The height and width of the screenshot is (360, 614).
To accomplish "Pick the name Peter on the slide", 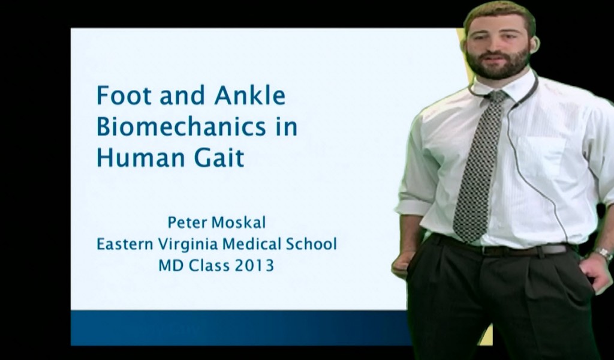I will (186, 223).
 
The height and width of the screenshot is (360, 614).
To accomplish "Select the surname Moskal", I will (239, 223).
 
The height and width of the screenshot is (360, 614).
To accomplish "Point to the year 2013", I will (254, 265).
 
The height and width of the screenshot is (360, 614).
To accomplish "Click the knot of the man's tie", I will (496, 97).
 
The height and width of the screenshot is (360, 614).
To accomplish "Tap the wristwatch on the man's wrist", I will (603, 254).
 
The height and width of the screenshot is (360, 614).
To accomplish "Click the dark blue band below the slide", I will (240, 328).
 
